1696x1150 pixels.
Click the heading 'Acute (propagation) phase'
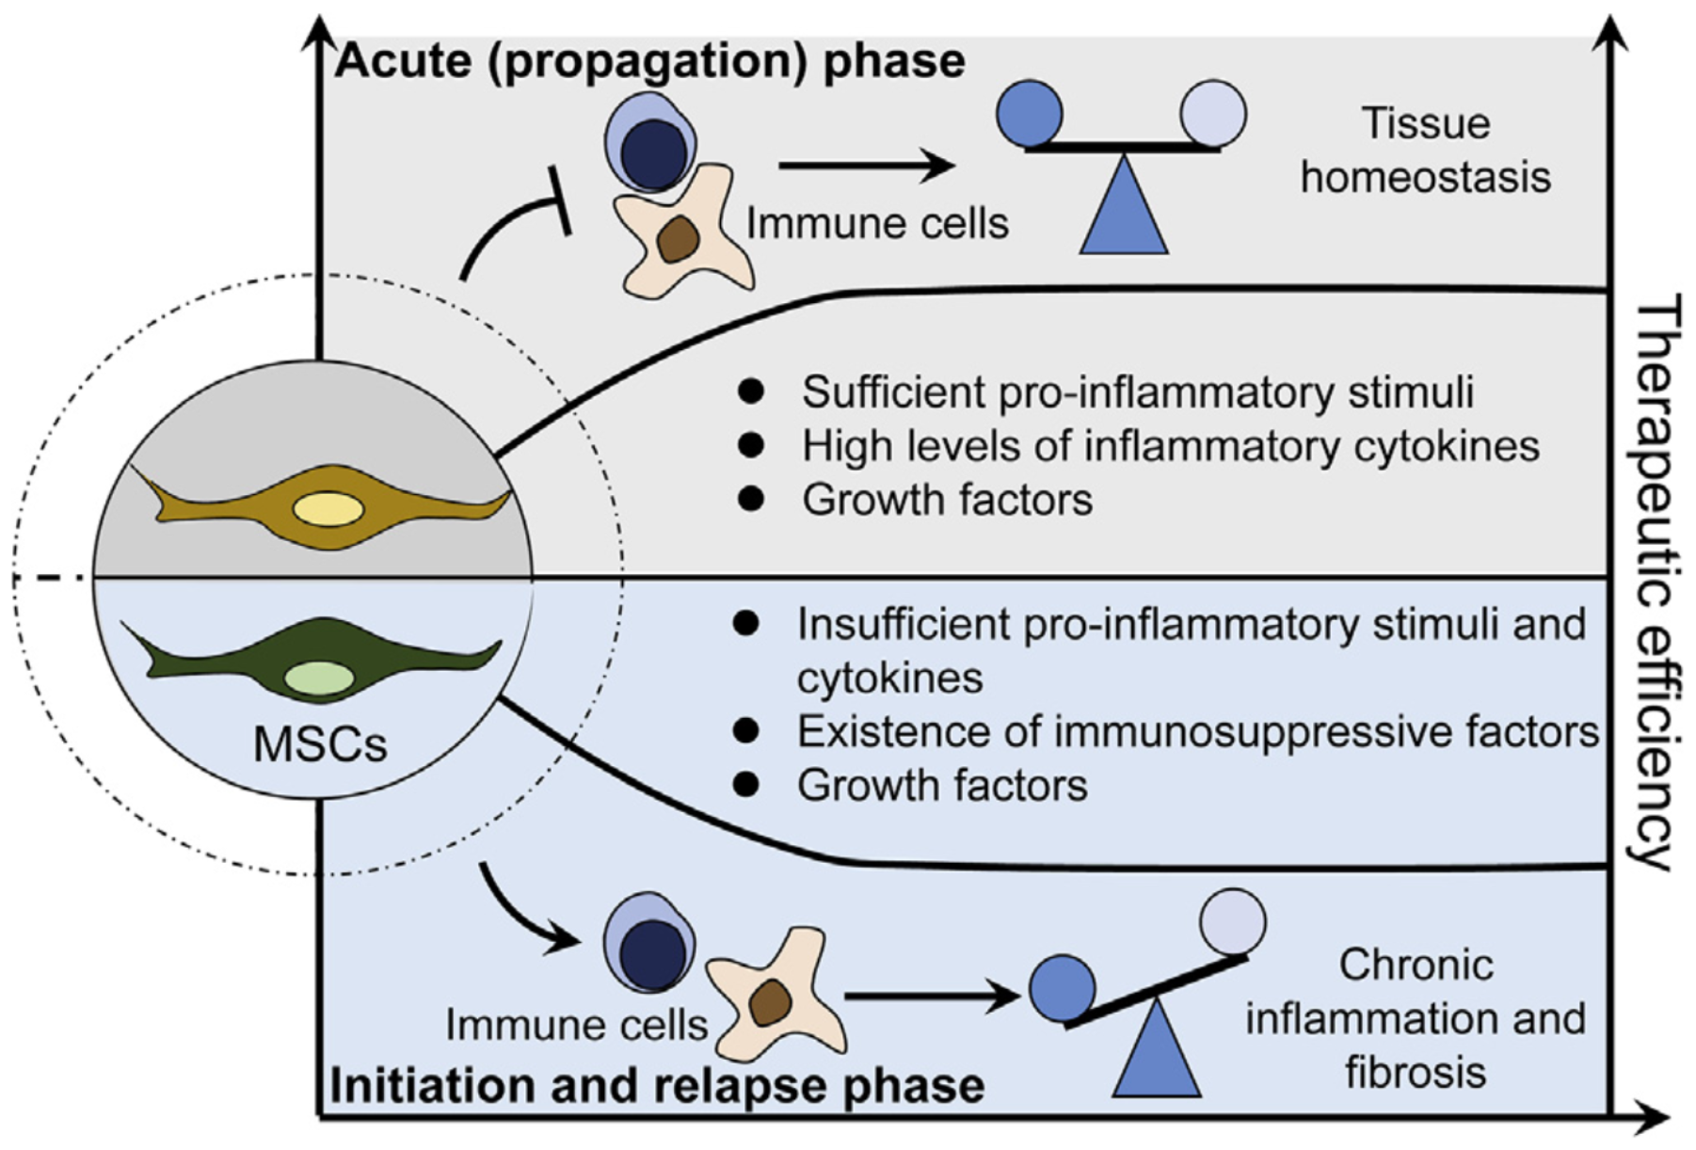tap(650, 61)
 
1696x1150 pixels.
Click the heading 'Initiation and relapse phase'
tap(657, 1085)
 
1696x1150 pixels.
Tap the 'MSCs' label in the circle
tap(320, 744)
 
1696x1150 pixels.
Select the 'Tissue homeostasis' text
tap(1425, 151)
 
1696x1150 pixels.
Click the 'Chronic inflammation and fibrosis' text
tap(1416, 1018)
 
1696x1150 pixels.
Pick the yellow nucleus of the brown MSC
tap(328, 510)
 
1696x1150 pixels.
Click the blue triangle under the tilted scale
tap(1156, 1054)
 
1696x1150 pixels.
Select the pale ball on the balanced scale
tap(1213, 114)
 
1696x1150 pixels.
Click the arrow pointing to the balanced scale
tap(866, 166)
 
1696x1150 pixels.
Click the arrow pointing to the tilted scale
tap(932, 996)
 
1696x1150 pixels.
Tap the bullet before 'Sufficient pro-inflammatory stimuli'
tap(751, 391)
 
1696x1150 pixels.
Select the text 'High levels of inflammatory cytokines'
tap(1170, 446)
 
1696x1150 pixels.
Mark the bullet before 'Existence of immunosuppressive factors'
tap(746, 731)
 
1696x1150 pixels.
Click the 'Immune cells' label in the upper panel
tap(877, 224)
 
